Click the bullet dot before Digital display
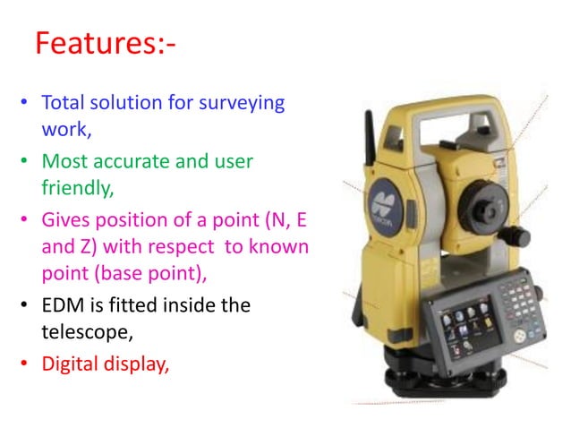[x=25, y=364]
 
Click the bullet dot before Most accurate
[x=25, y=163]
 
